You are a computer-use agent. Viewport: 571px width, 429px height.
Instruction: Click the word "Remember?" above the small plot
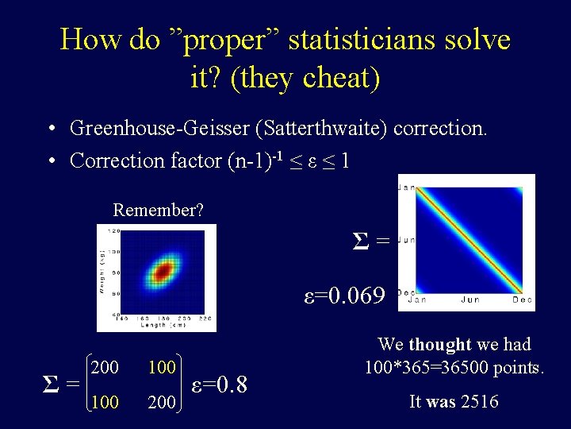(x=158, y=211)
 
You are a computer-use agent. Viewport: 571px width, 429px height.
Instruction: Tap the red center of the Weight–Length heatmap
(x=163, y=272)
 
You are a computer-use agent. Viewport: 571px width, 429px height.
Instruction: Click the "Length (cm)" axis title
(x=162, y=325)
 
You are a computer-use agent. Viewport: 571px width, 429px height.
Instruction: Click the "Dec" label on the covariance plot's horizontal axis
(x=522, y=300)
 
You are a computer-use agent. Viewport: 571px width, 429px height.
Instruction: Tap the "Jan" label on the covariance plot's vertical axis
(x=405, y=187)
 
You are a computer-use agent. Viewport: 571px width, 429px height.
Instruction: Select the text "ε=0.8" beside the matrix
(x=220, y=385)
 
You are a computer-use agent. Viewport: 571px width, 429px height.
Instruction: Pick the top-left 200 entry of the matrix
(x=105, y=368)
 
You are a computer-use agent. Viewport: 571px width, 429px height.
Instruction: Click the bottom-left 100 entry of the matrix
(x=105, y=403)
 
